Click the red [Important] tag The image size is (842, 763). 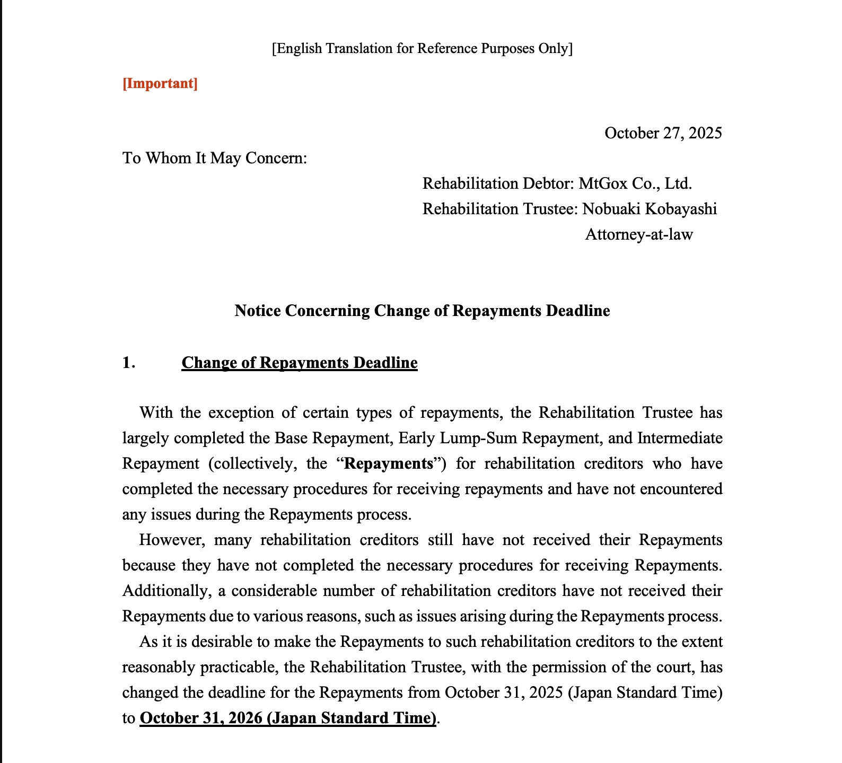point(160,84)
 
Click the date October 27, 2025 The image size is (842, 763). point(663,133)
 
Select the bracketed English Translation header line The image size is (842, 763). point(422,49)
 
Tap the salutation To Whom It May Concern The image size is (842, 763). point(215,159)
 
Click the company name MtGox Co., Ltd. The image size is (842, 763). point(635,184)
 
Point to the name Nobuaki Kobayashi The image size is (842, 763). point(650,209)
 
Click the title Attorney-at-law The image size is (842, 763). point(639,235)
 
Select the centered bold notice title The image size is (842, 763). point(422,311)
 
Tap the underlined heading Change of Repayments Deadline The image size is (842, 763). point(300,363)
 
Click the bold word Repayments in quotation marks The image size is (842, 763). point(389,464)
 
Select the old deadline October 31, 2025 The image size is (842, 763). point(504,693)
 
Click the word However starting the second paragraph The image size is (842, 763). point(172,540)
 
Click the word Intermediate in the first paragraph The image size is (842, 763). point(680,438)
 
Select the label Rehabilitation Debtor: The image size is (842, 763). point(498,184)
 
